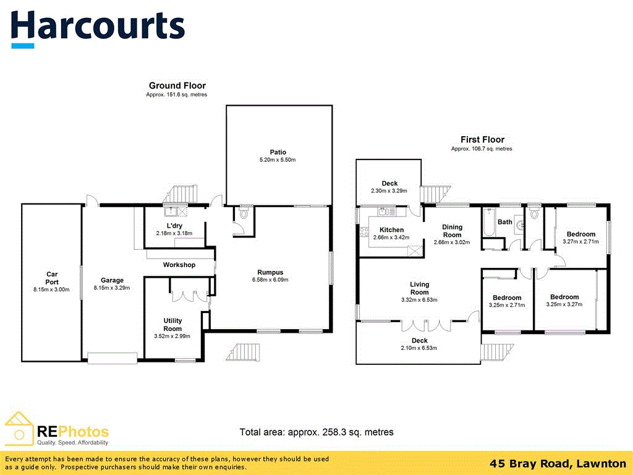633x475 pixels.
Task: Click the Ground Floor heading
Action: (x=177, y=85)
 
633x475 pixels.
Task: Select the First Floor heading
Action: (x=482, y=140)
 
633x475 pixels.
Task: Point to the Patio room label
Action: (x=278, y=152)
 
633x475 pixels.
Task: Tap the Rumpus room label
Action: (x=270, y=272)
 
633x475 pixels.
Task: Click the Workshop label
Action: (x=179, y=265)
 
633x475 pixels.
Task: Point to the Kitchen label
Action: (x=391, y=230)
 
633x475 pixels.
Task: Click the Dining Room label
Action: (x=452, y=231)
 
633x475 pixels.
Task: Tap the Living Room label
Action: (x=419, y=288)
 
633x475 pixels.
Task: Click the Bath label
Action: (x=505, y=222)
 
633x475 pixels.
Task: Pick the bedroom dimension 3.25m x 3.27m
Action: (x=564, y=305)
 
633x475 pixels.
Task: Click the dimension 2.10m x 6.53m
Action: (x=419, y=348)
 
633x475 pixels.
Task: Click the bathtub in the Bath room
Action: (x=488, y=223)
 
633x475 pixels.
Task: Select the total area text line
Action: (x=316, y=432)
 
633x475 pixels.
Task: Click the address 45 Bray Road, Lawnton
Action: (x=558, y=463)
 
